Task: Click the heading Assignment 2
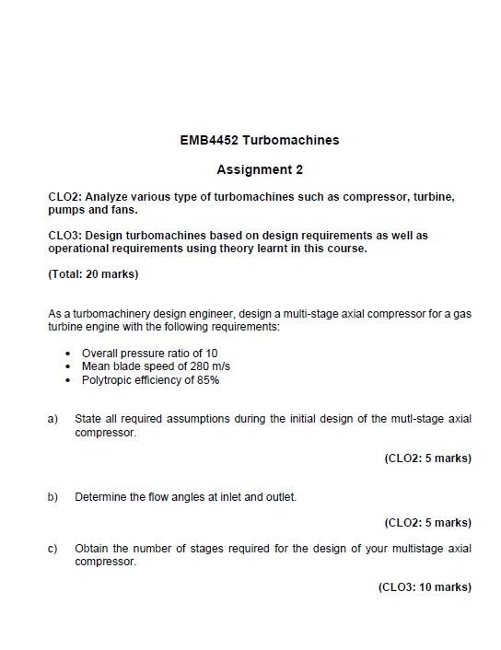click(x=260, y=169)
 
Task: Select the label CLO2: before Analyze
click(x=64, y=197)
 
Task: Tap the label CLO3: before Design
click(x=64, y=236)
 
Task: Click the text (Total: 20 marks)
click(x=93, y=274)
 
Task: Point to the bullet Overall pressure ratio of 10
click(x=149, y=354)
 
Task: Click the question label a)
click(x=53, y=419)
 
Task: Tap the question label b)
click(x=53, y=497)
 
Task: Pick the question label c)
click(x=53, y=549)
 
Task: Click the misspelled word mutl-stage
click(x=418, y=419)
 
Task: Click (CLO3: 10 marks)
click(x=425, y=587)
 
